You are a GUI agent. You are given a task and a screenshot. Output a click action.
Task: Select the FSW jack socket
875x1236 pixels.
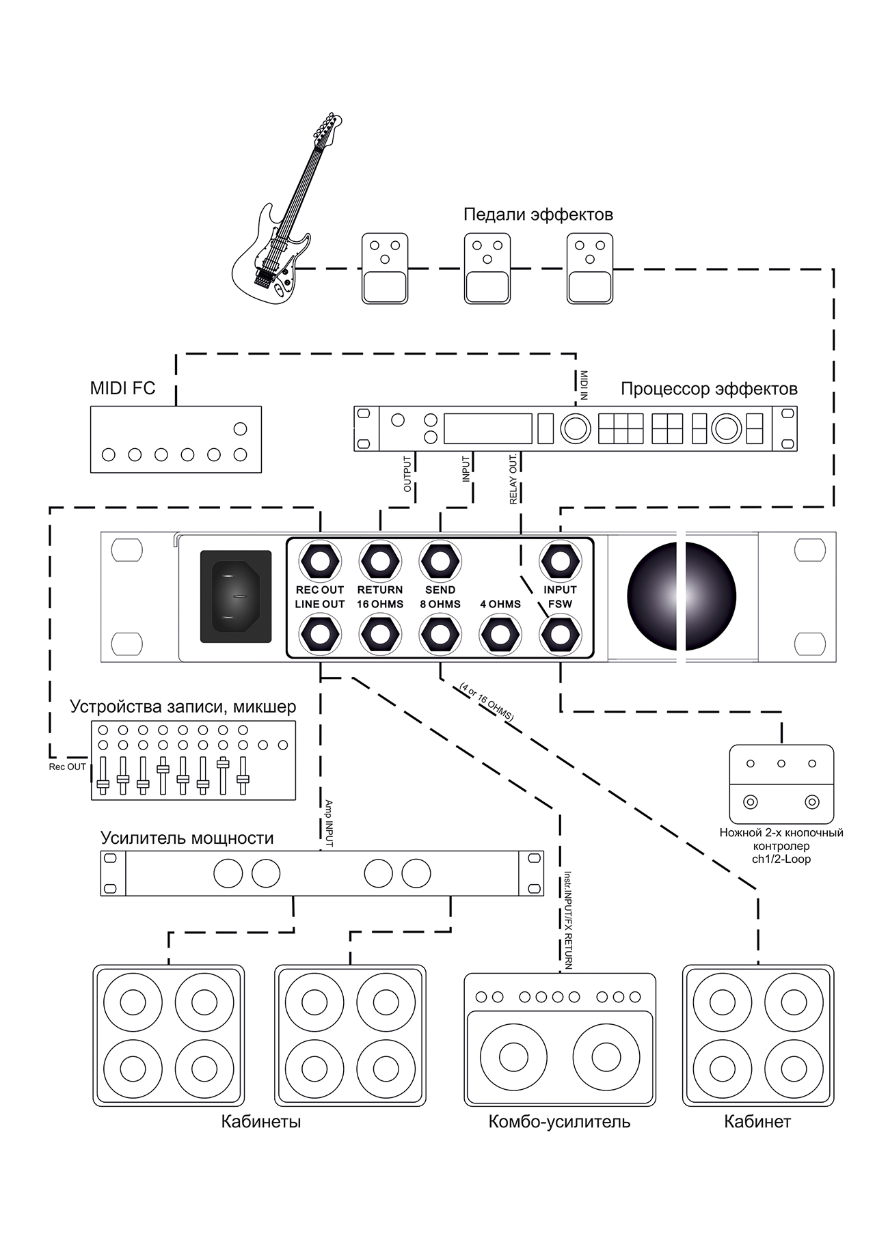[x=560, y=635]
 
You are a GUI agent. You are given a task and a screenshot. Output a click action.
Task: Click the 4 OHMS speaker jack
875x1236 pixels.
[x=500, y=635]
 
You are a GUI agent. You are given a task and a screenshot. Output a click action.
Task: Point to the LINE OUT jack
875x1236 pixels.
[x=320, y=635]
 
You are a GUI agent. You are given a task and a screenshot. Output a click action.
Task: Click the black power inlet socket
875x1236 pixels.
[x=236, y=596]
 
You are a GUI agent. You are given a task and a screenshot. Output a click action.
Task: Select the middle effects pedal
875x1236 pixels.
[x=487, y=269]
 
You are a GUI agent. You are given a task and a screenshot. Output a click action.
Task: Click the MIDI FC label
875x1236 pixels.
[x=123, y=388]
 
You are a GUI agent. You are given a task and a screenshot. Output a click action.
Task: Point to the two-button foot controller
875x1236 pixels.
[x=781, y=784]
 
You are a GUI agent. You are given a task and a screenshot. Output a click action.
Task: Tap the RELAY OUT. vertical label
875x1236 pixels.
[x=513, y=480]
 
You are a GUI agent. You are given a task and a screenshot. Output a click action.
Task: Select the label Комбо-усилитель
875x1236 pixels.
[x=559, y=1121]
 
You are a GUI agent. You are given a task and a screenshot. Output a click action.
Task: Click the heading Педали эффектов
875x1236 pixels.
[x=538, y=215]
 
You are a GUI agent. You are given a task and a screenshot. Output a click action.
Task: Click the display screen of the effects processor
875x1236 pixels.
[x=488, y=428]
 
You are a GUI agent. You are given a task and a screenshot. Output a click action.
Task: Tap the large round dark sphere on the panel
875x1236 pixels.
[x=682, y=596]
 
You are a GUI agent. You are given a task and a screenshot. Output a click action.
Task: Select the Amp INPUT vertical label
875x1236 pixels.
[x=328, y=823]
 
